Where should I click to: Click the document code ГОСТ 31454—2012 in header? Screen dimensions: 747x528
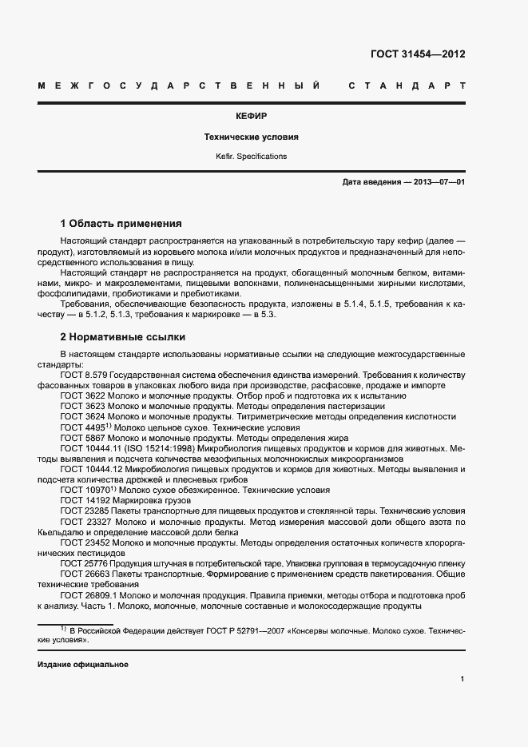pos(418,54)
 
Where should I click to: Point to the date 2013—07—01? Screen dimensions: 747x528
pos(439,182)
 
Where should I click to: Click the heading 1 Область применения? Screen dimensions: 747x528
pos(121,224)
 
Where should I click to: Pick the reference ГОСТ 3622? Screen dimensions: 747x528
pos(82,396)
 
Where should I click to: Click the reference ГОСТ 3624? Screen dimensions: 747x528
pos(82,417)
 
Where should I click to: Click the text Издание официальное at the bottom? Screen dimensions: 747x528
pos(82,665)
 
